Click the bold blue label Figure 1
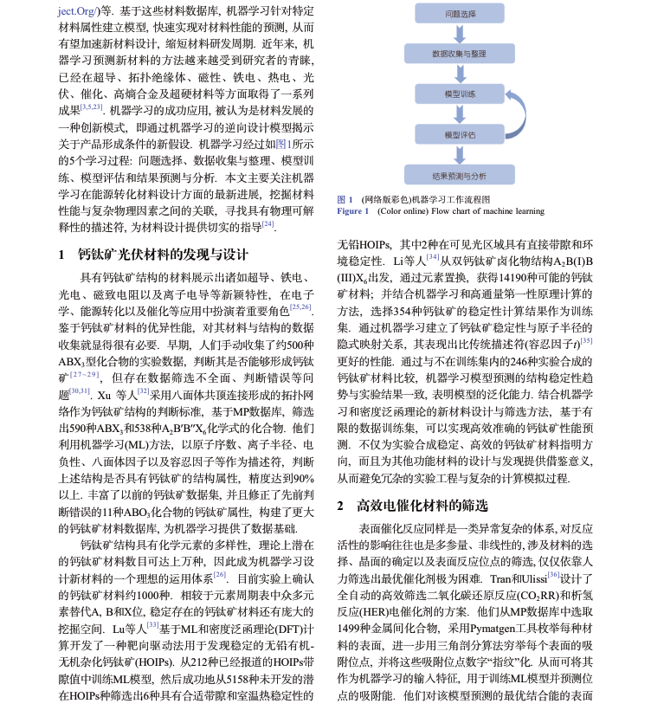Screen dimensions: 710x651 point(352,211)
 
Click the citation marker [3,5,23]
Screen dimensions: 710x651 point(92,107)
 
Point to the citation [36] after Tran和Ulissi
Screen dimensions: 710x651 point(553,574)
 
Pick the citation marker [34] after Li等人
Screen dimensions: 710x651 point(434,258)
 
